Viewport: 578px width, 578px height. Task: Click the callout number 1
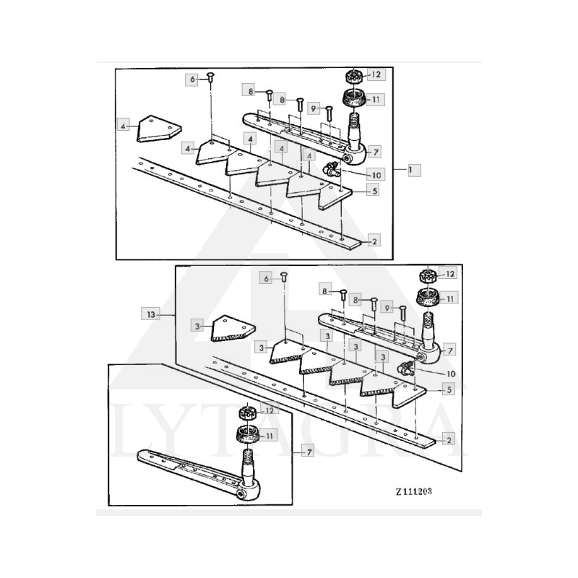click(x=411, y=169)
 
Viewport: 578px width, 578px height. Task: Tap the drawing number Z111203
click(x=414, y=489)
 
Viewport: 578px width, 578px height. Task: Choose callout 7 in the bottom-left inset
click(x=308, y=452)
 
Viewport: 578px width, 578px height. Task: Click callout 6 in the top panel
click(x=193, y=78)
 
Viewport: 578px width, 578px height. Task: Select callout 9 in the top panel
click(x=314, y=108)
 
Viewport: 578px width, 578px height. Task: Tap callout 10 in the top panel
click(x=376, y=174)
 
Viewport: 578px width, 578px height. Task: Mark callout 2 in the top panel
click(x=374, y=241)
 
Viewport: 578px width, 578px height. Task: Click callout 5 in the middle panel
click(x=449, y=389)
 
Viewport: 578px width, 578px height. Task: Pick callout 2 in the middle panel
click(x=449, y=439)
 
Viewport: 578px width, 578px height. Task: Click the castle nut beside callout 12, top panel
click(x=355, y=76)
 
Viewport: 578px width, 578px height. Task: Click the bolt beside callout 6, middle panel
click(x=284, y=277)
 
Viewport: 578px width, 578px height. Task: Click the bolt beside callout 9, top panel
click(x=329, y=113)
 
